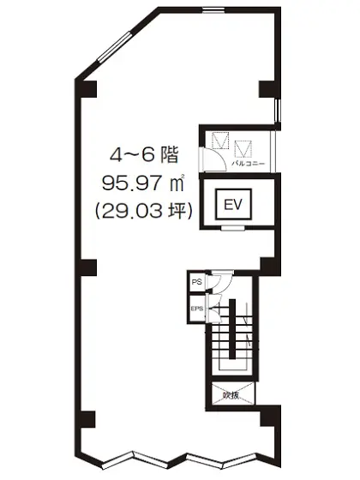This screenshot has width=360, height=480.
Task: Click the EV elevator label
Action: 232,204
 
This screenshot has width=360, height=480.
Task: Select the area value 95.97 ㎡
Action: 141,183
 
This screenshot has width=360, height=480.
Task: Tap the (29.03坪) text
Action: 141,208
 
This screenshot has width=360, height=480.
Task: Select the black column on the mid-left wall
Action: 87,267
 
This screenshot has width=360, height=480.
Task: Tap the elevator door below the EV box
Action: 232,228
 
